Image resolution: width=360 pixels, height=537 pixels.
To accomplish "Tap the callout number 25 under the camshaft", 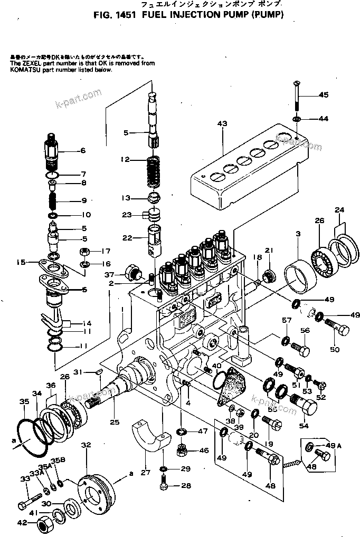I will click(x=115, y=422).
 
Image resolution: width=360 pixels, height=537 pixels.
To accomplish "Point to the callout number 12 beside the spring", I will click(x=125, y=159).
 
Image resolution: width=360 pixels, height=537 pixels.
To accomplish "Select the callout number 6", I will click(x=82, y=150).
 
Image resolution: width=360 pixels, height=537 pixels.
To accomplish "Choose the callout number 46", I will click(x=204, y=451).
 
